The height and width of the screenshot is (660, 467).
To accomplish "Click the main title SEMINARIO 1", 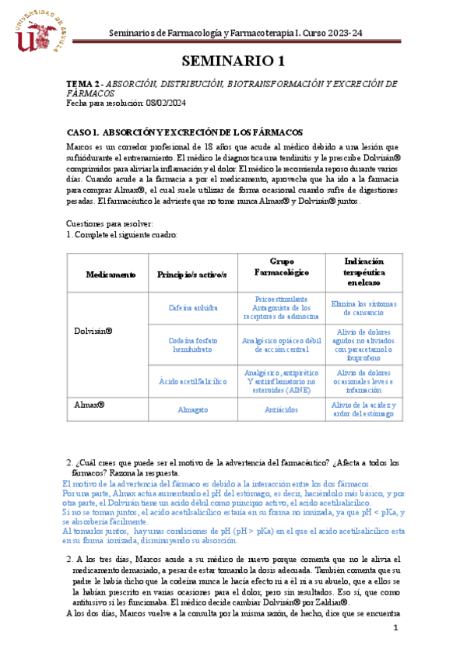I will pos(233,61).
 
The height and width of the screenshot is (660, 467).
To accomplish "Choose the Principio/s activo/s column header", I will pos(191,275).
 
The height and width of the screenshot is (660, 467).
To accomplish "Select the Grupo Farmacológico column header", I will pos(279,267).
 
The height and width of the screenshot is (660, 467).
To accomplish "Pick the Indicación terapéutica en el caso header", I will pos(363,274).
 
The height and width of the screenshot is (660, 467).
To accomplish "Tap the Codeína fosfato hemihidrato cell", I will pos(191,345).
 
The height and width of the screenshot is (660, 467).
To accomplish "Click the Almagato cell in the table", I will pos(191,409).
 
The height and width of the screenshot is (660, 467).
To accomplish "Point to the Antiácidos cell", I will pos(279,409).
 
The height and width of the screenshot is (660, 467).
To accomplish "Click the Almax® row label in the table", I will pos(90,405).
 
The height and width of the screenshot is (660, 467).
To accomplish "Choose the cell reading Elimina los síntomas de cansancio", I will pos(363,307).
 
